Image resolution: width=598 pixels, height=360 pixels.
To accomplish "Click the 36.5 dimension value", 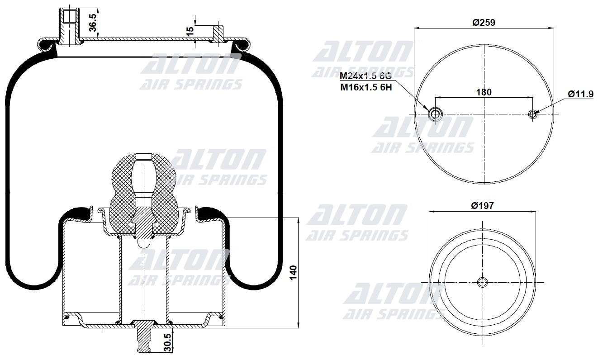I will [x=93, y=23].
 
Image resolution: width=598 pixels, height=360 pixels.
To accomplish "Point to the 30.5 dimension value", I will [x=167, y=343].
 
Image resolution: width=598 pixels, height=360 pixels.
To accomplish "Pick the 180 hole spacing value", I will [x=484, y=92].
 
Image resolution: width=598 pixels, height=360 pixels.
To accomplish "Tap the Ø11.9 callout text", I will [x=581, y=94].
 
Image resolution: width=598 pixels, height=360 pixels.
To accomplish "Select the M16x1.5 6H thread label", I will [x=365, y=87].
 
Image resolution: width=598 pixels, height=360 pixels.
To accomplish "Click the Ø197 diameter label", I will [x=482, y=205].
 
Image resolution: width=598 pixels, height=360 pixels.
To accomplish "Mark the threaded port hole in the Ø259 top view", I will [x=435, y=114].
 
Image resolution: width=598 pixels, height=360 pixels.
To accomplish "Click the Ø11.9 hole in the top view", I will [x=533, y=114].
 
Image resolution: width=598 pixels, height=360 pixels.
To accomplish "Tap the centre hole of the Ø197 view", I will [x=483, y=282].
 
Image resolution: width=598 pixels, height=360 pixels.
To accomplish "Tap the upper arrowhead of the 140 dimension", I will [x=298, y=221].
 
